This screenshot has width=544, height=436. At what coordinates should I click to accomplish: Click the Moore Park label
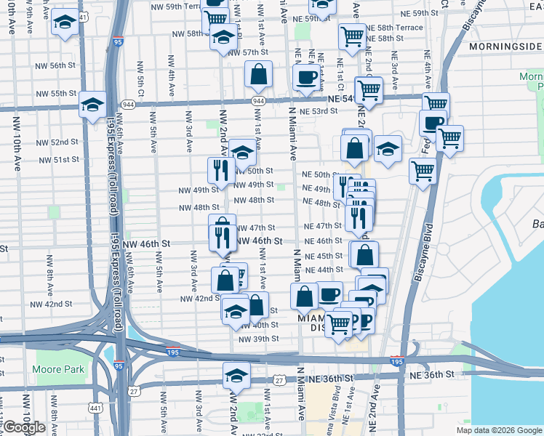[58, 369]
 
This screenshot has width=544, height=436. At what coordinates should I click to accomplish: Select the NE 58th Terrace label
[394, 27]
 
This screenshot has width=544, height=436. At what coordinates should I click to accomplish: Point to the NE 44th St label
[324, 270]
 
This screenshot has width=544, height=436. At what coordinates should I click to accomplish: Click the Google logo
[23, 428]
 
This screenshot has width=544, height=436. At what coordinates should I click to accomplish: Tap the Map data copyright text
[501, 430]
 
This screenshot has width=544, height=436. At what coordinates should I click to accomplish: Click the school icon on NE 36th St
[236, 376]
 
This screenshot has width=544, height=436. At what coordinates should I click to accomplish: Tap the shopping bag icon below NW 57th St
[259, 73]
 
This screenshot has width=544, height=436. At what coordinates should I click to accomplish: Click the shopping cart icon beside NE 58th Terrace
[352, 36]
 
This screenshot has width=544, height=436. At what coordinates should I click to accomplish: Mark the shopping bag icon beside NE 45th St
[364, 254]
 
